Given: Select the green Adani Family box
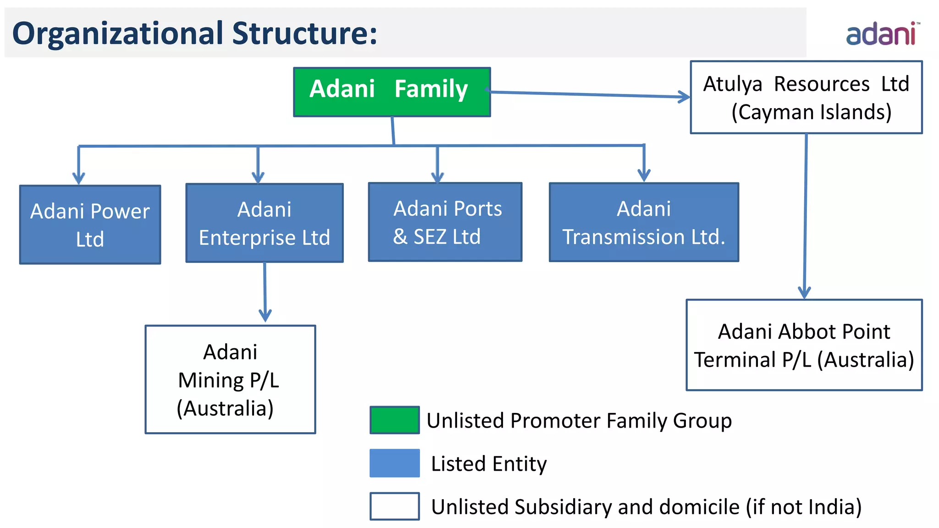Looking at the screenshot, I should (x=392, y=92).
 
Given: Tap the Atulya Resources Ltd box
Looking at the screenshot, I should (x=806, y=97).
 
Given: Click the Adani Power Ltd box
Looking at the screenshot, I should (x=90, y=225).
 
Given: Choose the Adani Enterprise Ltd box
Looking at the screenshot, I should (x=264, y=223).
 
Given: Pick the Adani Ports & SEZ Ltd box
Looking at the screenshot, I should (x=445, y=222).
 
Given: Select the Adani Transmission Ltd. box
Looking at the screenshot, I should (x=644, y=222).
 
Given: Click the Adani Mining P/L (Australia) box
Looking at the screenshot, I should (x=230, y=379).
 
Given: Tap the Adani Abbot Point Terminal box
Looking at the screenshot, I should (x=804, y=345).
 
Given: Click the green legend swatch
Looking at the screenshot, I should (x=394, y=420).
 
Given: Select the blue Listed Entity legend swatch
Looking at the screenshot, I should (x=394, y=463).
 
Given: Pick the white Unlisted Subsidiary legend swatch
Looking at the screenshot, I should (x=394, y=506).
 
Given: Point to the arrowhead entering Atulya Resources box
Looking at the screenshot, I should (x=685, y=97).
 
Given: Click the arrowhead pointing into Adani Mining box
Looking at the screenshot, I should (x=265, y=316).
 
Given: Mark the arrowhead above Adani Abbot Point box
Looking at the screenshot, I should (x=804, y=292).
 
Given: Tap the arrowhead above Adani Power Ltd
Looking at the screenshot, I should (x=79, y=178).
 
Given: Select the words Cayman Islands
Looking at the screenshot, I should (x=811, y=112).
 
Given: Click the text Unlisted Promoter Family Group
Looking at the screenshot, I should (x=579, y=421).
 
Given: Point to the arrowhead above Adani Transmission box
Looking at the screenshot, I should (x=644, y=176).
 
